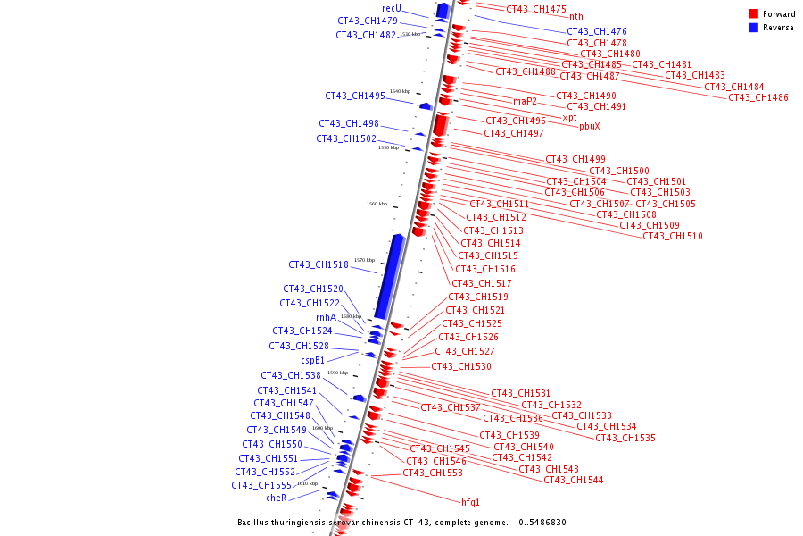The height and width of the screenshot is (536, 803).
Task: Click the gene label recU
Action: [x=392, y=8]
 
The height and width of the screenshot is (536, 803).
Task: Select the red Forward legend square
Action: [x=753, y=14]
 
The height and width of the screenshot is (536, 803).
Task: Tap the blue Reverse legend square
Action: [x=753, y=28]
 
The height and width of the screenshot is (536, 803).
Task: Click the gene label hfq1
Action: [x=470, y=502]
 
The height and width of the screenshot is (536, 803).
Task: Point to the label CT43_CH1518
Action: [x=319, y=264]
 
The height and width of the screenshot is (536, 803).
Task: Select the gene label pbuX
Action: [x=589, y=126]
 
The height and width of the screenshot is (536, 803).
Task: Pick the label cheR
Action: [x=277, y=498]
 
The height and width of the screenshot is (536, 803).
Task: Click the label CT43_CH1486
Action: [x=758, y=97]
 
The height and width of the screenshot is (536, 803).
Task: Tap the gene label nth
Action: [x=576, y=16]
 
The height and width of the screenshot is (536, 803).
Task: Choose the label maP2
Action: [x=525, y=101]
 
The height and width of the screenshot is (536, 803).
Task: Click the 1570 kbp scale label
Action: [x=364, y=260]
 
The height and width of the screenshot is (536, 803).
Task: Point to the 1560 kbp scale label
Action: [x=377, y=204]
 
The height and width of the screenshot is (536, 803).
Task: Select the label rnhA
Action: [x=326, y=317]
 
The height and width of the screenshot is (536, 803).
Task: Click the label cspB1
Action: [x=312, y=360]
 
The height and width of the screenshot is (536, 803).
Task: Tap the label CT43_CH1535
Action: [x=625, y=438]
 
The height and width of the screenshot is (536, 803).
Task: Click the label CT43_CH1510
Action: [x=673, y=236]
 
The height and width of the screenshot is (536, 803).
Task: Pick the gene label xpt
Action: [x=569, y=117]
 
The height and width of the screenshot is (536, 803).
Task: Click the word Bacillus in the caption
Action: [x=256, y=523]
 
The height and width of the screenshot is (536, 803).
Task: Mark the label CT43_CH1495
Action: [x=355, y=96]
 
